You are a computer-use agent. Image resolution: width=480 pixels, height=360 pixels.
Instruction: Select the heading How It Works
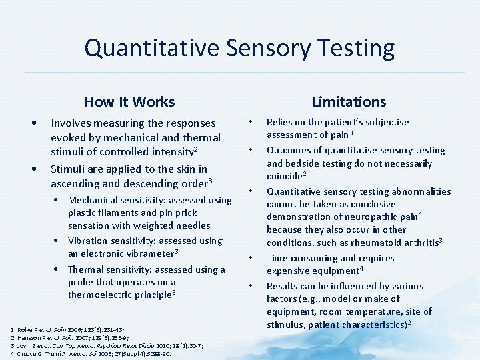pyautogui.click(x=129, y=102)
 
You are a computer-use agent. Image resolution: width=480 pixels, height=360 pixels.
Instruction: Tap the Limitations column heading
pyautogui.click(x=349, y=101)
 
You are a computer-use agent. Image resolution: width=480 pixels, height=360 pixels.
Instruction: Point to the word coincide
pyautogui.click(x=284, y=177)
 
